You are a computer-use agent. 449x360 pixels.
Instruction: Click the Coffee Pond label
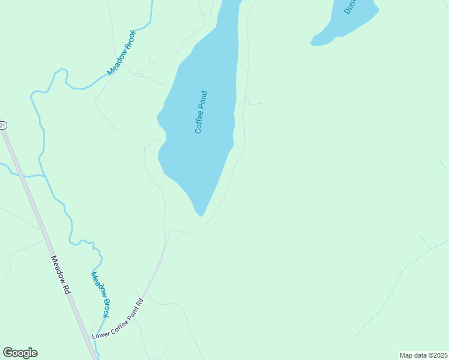pos(201,112)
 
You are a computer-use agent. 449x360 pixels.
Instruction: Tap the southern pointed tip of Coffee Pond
pos(201,214)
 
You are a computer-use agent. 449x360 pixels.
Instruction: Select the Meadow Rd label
pos(61,275)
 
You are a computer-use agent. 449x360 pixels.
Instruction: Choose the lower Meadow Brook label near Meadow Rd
pos(100,295)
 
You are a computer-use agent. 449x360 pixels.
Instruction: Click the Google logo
pos(20,353)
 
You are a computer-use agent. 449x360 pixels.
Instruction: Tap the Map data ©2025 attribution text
pos(423,355)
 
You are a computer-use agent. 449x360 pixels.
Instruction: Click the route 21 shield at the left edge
pos(2,125)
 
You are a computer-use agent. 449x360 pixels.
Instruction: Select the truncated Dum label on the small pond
pos(351,7)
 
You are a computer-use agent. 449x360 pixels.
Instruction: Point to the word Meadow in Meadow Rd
pos(58,269)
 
